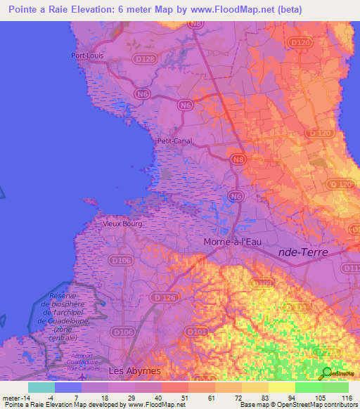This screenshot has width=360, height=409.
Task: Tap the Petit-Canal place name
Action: coord(174,141)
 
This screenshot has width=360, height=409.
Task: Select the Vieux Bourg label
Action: coord(122,223)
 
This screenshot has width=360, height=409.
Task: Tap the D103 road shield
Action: coord(262,284)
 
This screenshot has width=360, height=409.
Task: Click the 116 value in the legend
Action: coord(345,397)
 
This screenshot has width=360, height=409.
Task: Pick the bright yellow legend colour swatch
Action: coord(281,387)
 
